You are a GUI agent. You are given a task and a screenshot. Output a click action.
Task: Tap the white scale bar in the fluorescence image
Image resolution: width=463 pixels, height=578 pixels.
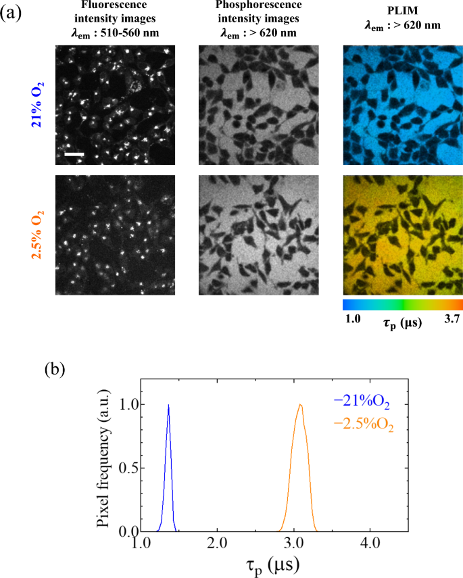[x=74, y=155]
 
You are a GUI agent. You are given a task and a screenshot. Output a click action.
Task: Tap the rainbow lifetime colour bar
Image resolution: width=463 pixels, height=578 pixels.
[x=403, y=305]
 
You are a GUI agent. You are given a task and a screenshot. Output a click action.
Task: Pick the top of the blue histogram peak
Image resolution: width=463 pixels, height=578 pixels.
[x=168, y=405]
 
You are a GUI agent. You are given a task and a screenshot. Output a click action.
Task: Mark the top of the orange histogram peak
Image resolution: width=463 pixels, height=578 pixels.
[x=300, y=405]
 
